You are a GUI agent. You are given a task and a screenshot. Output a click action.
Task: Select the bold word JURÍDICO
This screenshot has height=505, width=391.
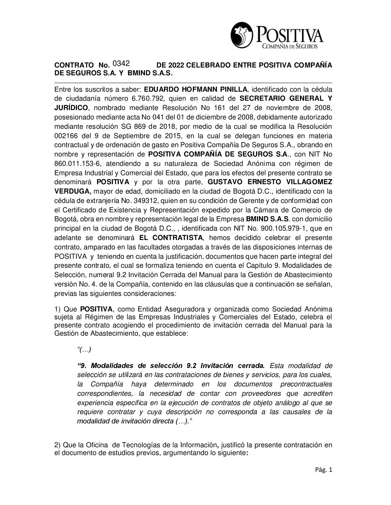[x=72, y=108]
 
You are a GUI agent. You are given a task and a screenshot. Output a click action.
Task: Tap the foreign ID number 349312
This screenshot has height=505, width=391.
[x=151, y=201]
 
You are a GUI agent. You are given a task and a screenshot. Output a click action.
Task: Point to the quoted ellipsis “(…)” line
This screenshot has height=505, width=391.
[x=84, y=349]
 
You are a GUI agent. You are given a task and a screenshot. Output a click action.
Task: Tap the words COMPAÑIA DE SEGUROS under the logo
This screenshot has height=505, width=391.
[x=289, y=47]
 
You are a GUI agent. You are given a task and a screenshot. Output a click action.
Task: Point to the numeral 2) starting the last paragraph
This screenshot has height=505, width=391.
[x=57, y=445]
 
